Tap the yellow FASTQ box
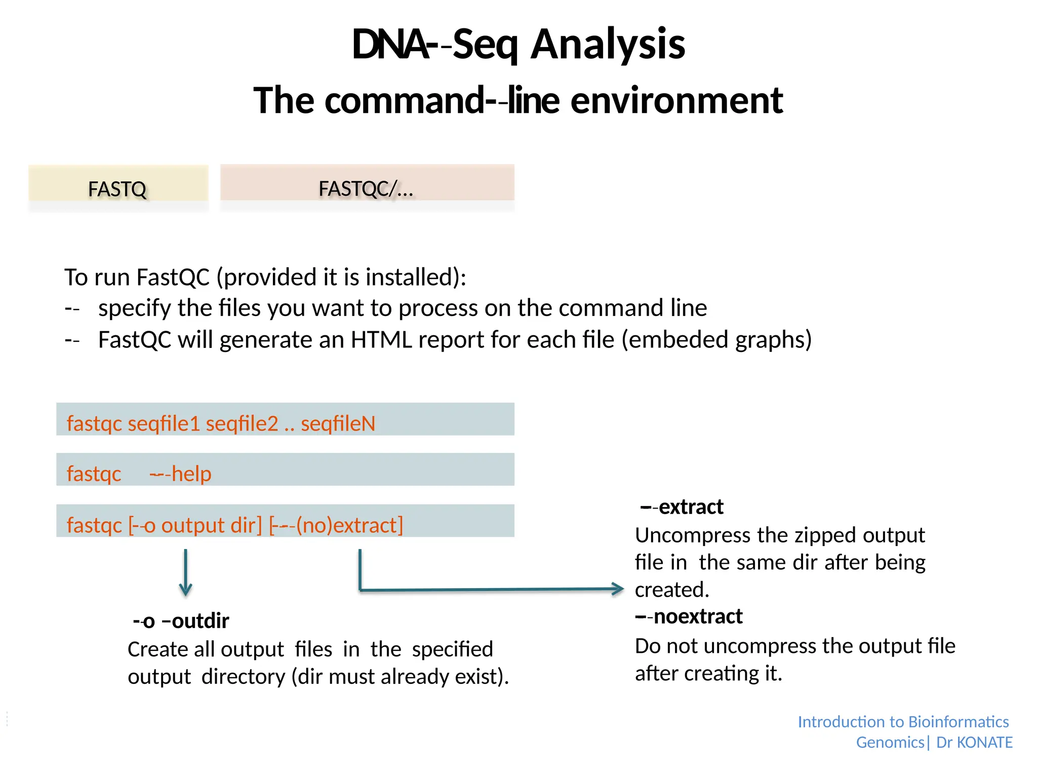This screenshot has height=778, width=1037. point(118,184)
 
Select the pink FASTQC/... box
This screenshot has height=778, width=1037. point(367,183)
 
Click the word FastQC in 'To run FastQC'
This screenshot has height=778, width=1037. point(173,278)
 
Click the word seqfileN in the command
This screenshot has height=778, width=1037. point(338,423)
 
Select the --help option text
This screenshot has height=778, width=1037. point(180,474)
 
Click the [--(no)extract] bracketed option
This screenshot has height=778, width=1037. point(336,525)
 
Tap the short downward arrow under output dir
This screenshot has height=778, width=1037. point(185,572)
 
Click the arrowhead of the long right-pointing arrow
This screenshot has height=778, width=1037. point(618,589)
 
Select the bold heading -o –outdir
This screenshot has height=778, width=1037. point(181,621)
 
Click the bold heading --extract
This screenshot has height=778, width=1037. point(682,507)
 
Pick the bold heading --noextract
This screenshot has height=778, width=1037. point(689,617)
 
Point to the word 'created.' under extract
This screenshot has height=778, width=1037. point(672,590)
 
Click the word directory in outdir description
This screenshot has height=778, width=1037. point(243,677)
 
